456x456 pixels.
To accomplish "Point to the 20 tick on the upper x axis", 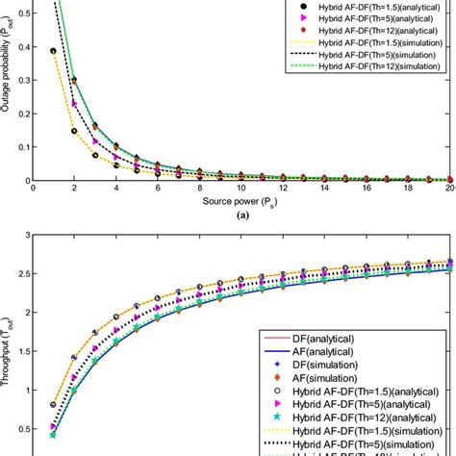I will pyautogui.click(x=448, y=190).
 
